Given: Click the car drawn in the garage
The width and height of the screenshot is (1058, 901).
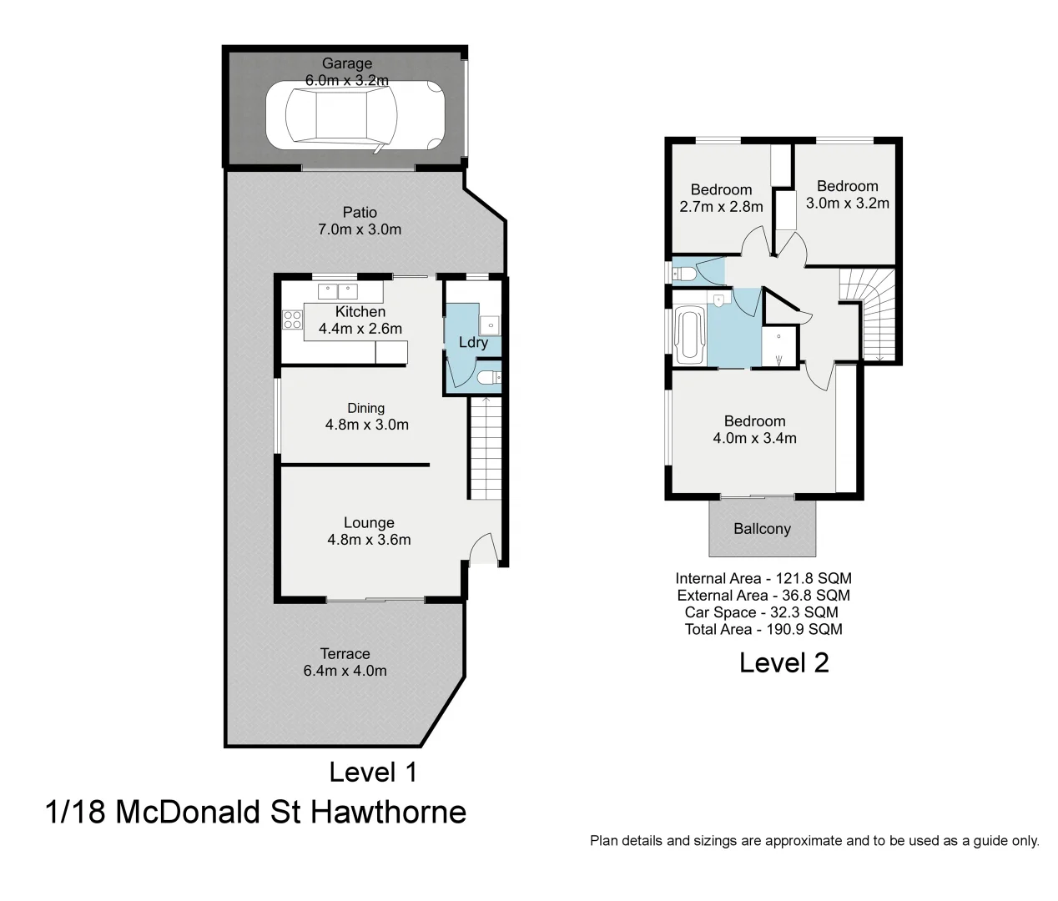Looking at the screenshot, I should (354, 118).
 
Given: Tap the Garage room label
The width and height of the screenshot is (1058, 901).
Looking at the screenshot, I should (347, 63).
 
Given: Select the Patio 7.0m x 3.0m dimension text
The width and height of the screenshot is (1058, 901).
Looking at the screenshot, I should (360, 229).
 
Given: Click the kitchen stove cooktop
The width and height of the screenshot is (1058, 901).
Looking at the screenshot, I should (292, 320).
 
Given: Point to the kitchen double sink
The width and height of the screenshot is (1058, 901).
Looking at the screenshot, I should (337, 292).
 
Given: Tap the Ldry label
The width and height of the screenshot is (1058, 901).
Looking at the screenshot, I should (473, 342).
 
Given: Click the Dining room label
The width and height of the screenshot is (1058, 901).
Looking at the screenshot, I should (366, 408).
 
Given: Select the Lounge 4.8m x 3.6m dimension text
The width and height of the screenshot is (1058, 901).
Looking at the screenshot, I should (369, 540).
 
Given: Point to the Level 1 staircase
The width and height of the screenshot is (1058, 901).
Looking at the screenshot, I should (486, 449).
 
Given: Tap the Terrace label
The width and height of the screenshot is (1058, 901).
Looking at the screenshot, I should (345, 654).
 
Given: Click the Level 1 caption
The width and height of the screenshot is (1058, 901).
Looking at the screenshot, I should (373, 772).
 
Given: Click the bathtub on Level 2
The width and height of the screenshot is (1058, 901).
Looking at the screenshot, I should (690, 335).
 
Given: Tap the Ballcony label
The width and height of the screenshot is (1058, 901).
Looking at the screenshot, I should (762, 529).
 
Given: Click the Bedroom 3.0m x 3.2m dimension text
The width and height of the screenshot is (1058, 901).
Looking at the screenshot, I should (847, 203).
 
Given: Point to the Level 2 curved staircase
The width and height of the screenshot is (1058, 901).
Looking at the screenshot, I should (870, 315).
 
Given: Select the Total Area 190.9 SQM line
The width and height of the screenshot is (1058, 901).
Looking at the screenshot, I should (763, 629).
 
